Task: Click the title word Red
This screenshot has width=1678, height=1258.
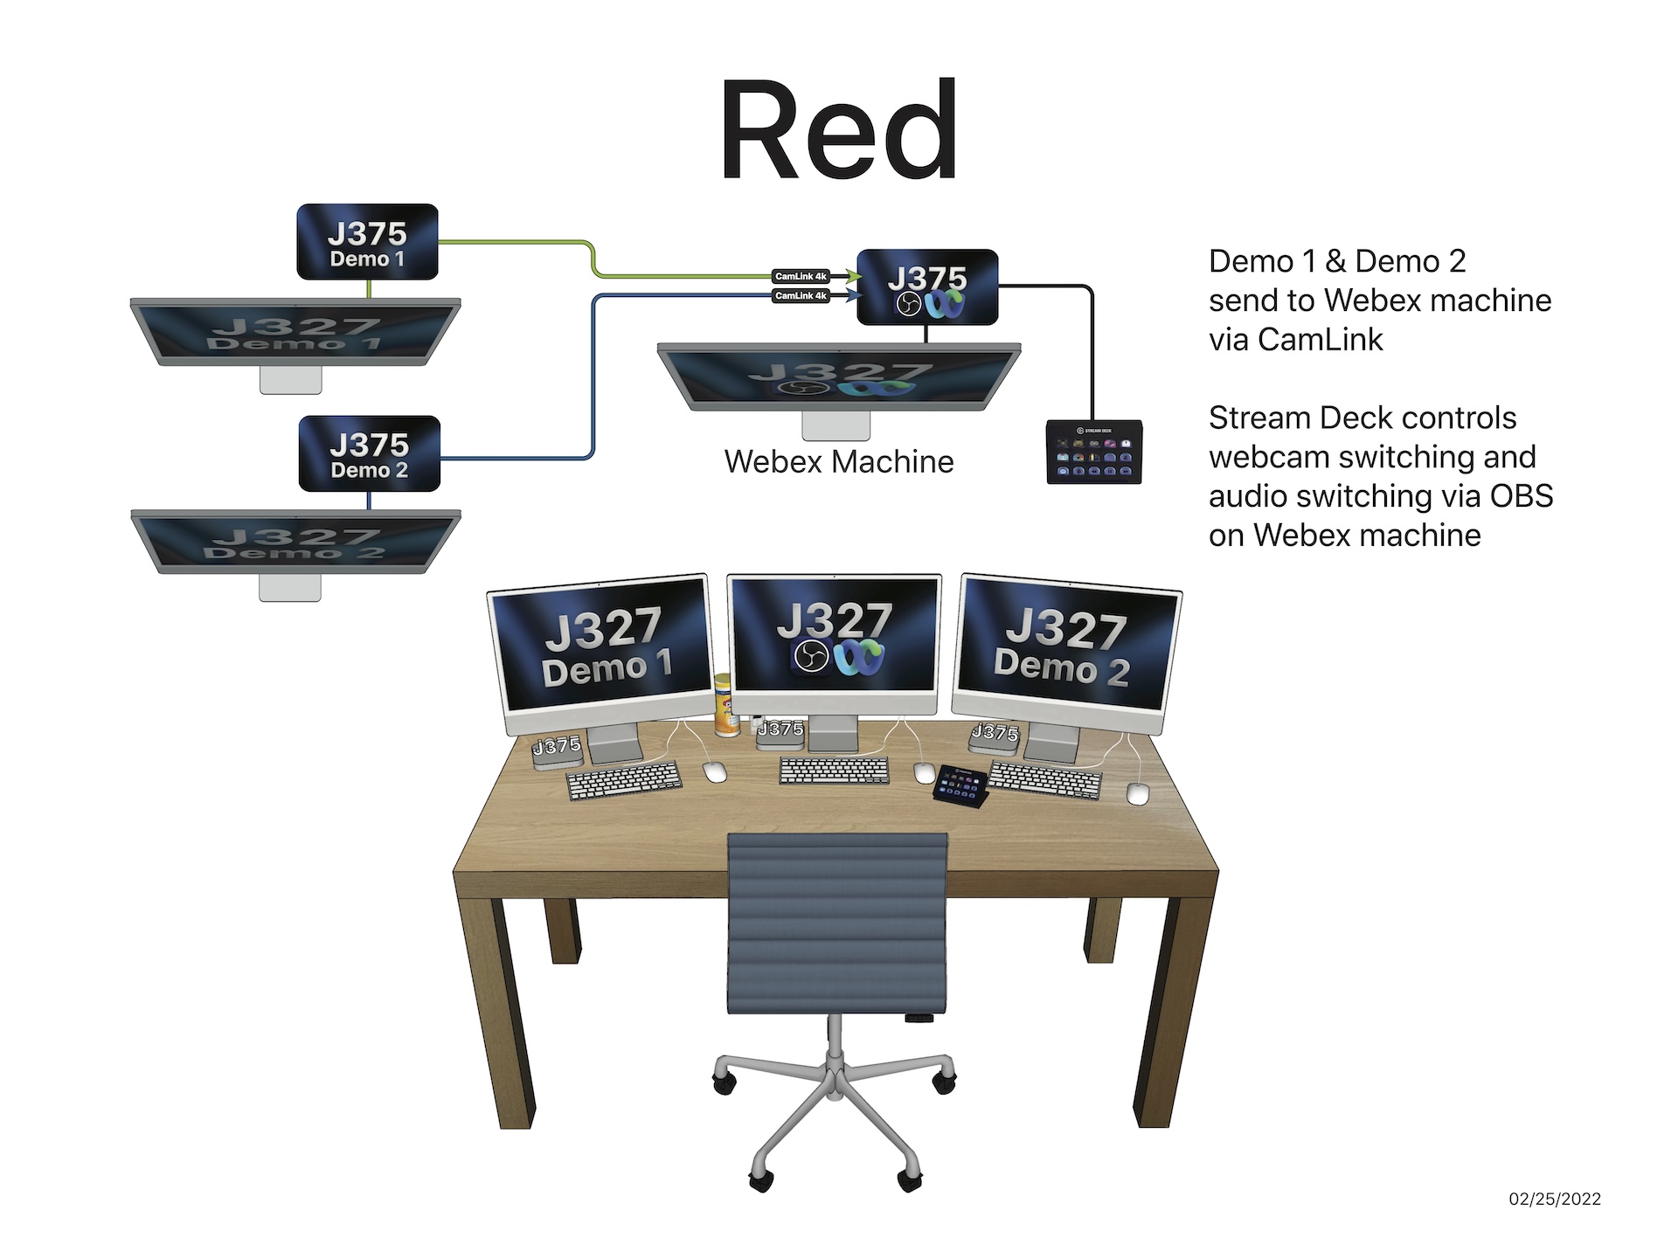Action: click(x=838, y=131)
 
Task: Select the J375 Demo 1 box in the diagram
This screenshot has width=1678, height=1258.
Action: click(x=367, y=242)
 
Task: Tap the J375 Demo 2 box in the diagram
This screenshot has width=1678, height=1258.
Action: click(x=369, y=453)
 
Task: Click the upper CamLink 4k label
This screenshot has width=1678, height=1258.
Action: click(x=801, y=276)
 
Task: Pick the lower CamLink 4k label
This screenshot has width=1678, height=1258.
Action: click(x=801, y=296)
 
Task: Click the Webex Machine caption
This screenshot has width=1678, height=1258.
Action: click(x=838, y=461)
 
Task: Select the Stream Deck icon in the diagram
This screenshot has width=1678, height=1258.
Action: click(x=1093, y=452)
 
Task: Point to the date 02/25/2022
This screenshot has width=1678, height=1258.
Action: click(x=1555, y=1199)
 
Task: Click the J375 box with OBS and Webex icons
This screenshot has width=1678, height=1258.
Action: click(x=927, y=287)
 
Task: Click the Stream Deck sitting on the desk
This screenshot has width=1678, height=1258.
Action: click(x=961, y=785)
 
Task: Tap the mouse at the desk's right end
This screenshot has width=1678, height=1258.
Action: click(x=1137, y=793)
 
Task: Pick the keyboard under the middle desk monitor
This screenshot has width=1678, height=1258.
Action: click(x=834, y=770)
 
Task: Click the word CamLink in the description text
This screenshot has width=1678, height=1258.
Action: click(x=1320, y=340)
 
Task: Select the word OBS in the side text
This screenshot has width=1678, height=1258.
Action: click(x=1521, y=496)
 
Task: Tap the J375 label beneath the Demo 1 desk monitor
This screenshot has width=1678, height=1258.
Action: click(x=557, y=746)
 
